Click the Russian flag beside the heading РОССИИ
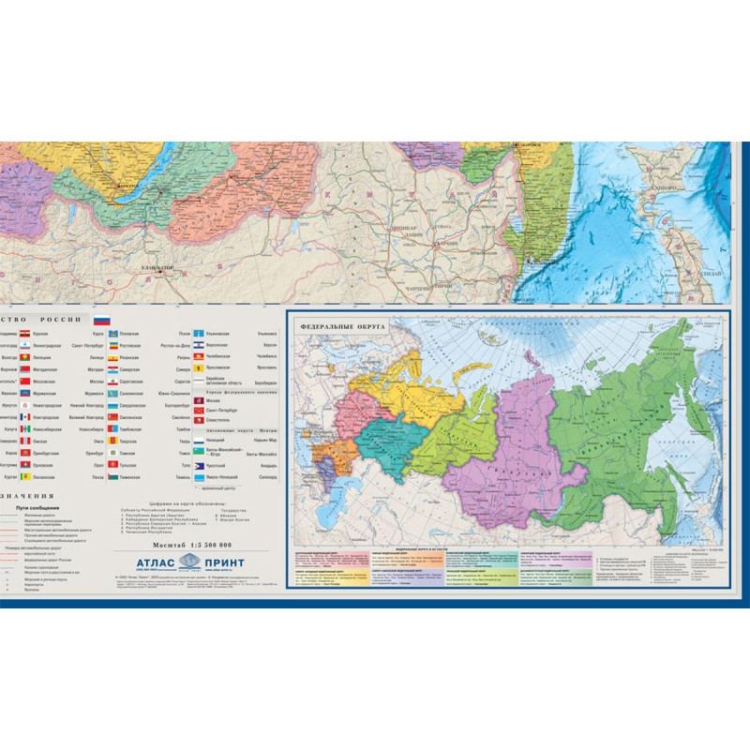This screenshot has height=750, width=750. coord(102,321)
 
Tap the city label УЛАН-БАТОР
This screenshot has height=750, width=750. coord(157,269)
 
